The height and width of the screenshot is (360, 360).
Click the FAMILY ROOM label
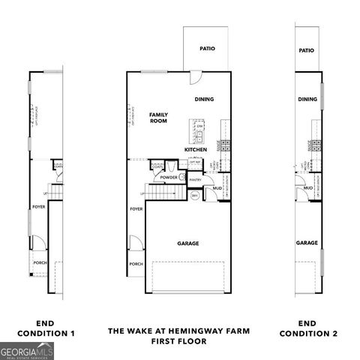[157, 117]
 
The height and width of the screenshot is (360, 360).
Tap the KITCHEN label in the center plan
[196, 150]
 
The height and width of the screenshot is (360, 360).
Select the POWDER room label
[168, 178]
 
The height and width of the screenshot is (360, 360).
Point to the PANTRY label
[196, 180]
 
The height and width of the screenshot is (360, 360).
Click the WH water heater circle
[194, 196]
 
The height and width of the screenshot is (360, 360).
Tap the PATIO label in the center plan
[207, 49]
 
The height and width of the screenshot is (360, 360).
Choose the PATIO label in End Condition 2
[306, 51]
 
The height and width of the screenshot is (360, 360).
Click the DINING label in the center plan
[204, 99]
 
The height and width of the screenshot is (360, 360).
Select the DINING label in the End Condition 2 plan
[307, 99]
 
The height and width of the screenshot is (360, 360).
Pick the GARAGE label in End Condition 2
[307, 243]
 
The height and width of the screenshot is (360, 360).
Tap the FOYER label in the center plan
[136, 209]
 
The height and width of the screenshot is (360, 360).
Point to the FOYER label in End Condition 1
[38, 205]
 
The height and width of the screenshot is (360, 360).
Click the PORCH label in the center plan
[136, 264]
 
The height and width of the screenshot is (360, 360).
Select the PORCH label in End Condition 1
[39, 262]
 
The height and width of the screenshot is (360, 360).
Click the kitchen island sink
[200, 136]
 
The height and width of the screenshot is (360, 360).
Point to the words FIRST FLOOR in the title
[179, 340]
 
